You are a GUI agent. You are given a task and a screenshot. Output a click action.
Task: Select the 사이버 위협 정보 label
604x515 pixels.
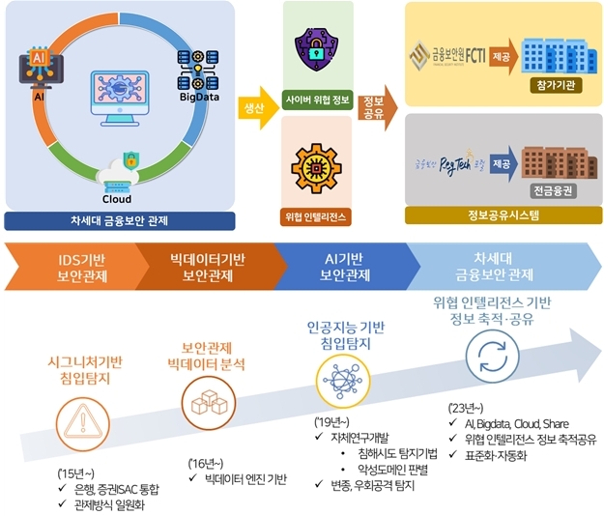pyautogui.click(x=317, y=99)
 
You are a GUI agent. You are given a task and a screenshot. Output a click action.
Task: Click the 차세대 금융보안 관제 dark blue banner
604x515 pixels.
pyautogui.click(x=121, y=218)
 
